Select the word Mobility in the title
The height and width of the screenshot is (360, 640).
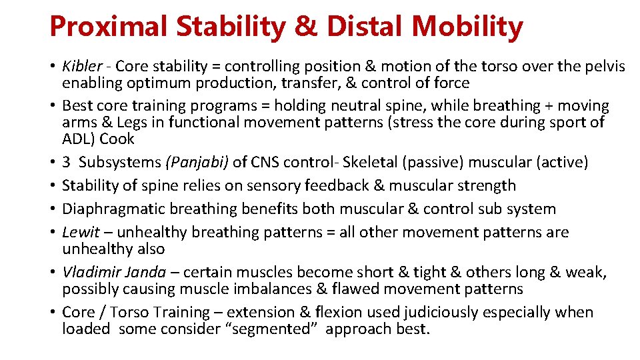pyautogui.click(x=467, y=27)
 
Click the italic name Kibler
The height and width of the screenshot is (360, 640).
pyautogui.click(x=82, y=66)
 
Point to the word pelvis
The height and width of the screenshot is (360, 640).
pyautogui.click(x=604, y=66)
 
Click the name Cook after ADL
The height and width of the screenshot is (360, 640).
pyautogui.click(x=119, y=139)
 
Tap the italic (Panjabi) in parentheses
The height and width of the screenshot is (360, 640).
pyautogui.click(x=197, y=162)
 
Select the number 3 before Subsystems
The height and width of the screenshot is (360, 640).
pyautogui.click(x=66, y=162)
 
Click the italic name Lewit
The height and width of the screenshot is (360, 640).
pyautogui.click(x=80, y=232)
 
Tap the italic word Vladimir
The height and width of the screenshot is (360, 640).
pyautogui.click(x=90, y=272)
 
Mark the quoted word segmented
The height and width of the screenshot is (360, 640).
pyautogui.click(x=280, y=329)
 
